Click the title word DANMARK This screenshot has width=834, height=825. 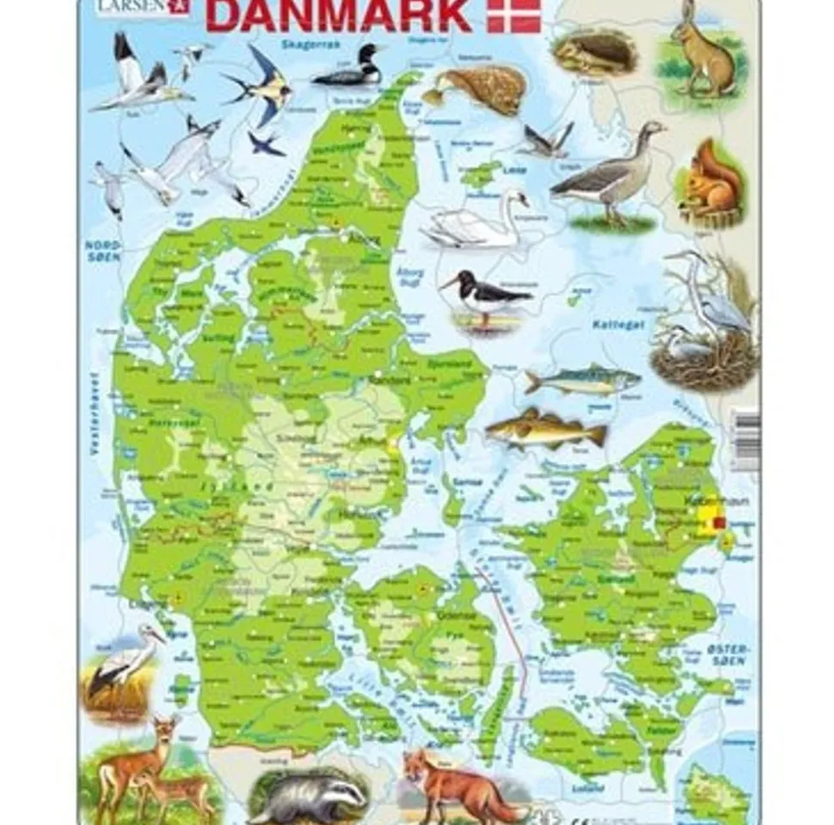tap(339, 15)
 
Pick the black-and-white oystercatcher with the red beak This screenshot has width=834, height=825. tap(484, 296)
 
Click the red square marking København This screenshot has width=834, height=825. tap(721, 521)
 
